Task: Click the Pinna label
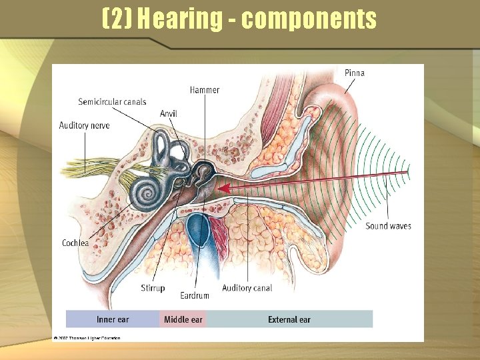(x=355, y=73)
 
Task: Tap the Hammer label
(x=204, y=90)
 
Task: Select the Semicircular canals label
(x=112, y=102)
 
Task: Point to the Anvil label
(x=169, y=114)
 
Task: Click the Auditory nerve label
(x=84, y=125)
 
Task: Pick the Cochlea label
(x=75, y=243)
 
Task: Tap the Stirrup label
(x=153, y=288)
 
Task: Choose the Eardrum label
(x=195, y=295)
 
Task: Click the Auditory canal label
(x=247, y=288)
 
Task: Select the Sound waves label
(x=388, y=226)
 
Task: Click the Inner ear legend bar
(x=113, y=319)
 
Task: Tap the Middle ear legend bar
(x=183, y=319)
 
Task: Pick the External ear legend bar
(x=289, y=319)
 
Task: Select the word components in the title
(x=309, y=19)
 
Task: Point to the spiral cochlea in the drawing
(x=145, y=191)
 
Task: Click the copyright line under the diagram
(x=87, y=339)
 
